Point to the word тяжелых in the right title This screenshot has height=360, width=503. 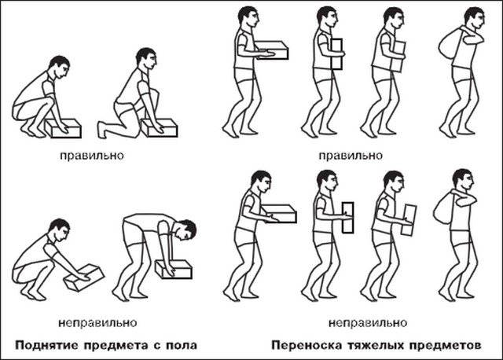point(377,346)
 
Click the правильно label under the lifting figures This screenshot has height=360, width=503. point(92,156)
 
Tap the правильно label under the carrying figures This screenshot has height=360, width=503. point(351,156)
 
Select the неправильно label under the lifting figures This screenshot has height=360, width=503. point(97,322)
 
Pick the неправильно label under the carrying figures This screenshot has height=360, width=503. point(368,322)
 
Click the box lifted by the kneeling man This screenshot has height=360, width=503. point(160,128)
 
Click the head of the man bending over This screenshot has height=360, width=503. point(186,230)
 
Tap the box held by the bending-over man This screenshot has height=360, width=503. point(174,269)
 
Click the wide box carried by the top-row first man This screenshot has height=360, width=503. point(273,50)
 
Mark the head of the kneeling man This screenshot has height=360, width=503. point(146,58)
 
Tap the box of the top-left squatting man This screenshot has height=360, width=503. point(63,128)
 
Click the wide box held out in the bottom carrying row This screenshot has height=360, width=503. point(279,213)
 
